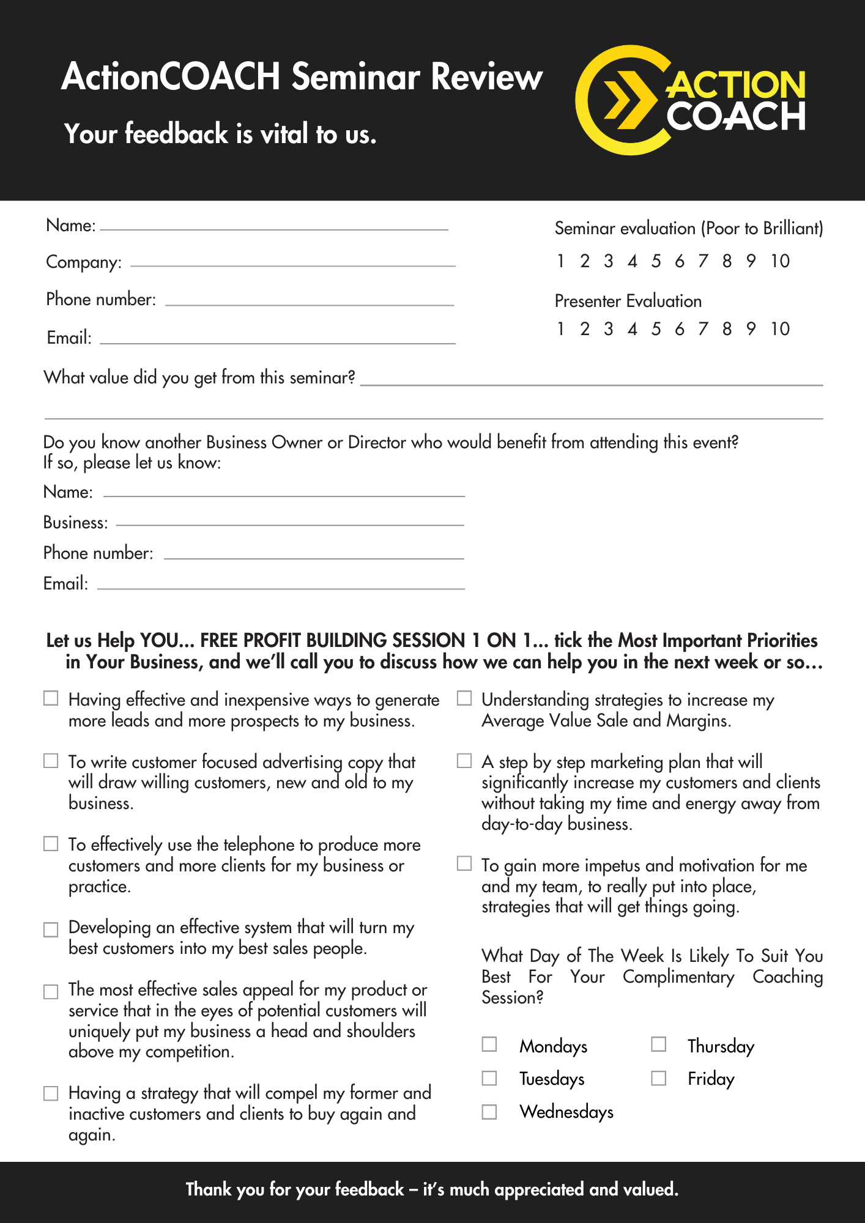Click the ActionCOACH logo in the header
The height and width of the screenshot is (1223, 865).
tap(690, 100)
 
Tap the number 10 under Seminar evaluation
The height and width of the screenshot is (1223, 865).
tap(780, 261)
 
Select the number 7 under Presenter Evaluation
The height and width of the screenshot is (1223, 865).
tap(703, 329)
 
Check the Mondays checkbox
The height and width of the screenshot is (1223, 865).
tap(489, 1044)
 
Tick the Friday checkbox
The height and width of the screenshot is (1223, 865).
tap(658, 1077)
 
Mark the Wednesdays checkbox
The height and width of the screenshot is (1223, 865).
tap(489, 1111)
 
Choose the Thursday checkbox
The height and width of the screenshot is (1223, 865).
tap(658, 1044)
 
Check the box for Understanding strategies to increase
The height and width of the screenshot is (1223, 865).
tap(465, 698)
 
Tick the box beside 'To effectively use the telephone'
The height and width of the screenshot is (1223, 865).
tap(51, 844)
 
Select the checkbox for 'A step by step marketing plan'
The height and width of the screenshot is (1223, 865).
tap(465, 761)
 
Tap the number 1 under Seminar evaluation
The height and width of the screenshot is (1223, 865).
tap(560, 261)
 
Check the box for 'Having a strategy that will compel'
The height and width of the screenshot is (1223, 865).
tap(51, 1093)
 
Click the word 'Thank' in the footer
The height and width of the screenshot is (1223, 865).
tap(209, 1189)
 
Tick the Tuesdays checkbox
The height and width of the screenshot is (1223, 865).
tap(489, 1077)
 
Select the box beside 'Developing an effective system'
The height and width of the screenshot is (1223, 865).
tap(51, 929)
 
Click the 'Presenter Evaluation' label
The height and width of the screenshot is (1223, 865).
tap(628, 301)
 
